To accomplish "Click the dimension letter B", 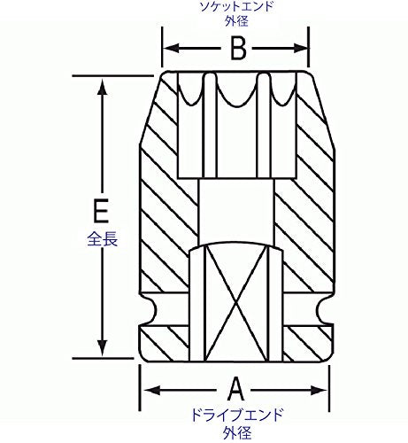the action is pos(238,49).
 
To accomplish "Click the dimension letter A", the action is pos(236,389).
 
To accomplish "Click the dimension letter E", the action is pos(101,211).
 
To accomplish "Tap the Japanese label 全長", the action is pos(103,239).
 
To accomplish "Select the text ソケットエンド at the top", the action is pos(236,7).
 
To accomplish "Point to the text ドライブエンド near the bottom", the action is pos(237,415).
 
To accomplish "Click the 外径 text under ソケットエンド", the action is pos(236,21).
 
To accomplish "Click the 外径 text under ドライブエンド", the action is pos(237,432).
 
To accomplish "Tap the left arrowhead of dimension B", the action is pos(171,48).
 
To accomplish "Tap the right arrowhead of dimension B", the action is pos(301,48).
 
